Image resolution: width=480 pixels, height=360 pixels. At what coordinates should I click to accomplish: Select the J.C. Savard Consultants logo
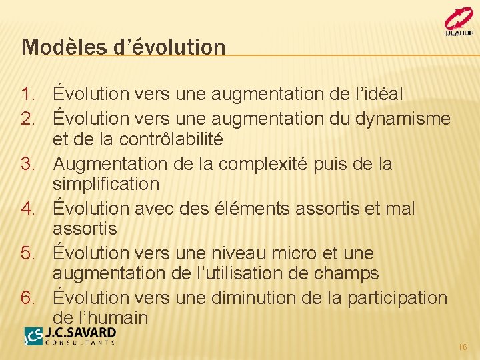tap(69, 335)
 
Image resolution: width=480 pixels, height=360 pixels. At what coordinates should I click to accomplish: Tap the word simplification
tap(106, 184)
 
